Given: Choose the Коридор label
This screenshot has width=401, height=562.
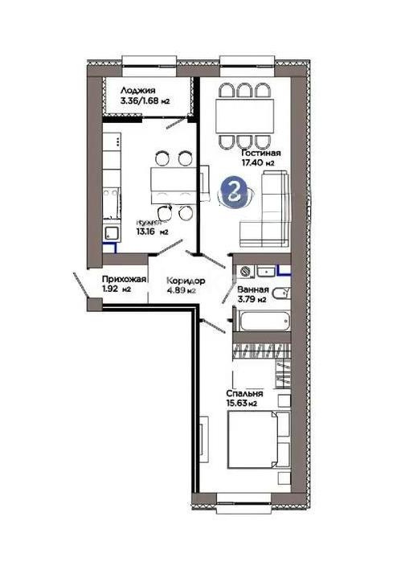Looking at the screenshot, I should click(186, 280).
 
